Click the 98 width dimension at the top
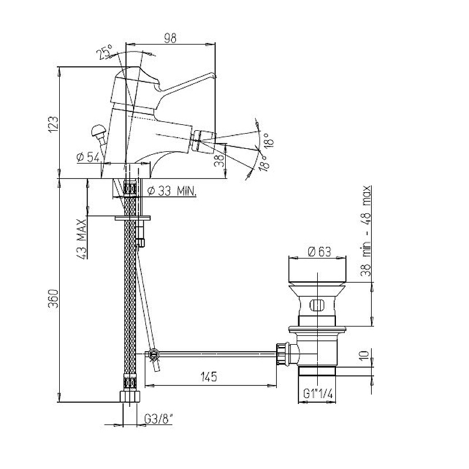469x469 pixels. (x=170, y=38)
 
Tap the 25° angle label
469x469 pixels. (x=105, y=52)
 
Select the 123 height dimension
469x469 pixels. (x=54, y=124)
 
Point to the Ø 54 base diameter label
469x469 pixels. (x=88, y=158)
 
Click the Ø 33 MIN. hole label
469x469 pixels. (x=172, y=191)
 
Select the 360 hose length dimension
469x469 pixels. (x=54, y=298)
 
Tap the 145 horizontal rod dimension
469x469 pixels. (x=209, y=376)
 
